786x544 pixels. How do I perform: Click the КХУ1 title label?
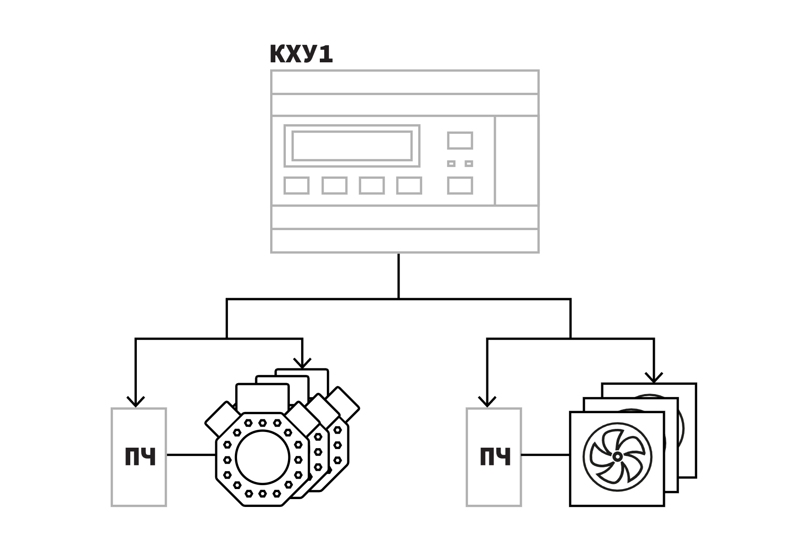tap(301, 54)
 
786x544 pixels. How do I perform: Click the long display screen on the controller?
tap(352, 146)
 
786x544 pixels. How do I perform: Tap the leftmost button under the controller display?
tap(297, 185)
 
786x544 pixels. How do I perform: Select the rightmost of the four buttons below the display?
tap(409, 185)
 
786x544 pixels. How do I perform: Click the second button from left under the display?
tap(335, 185)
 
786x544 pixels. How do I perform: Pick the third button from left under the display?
tap(372, 185)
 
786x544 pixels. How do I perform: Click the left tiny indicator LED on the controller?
tap(451, 164)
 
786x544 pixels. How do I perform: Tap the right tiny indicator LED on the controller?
tap(469, 164)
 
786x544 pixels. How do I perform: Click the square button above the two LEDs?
tap(460, 140)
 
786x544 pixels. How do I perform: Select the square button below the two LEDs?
tap(460, 185)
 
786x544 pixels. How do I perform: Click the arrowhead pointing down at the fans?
tap(654, 377)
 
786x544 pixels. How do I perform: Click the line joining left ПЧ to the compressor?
tap(191, 455)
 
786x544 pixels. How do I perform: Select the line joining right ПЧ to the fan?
tap(545, 455)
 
